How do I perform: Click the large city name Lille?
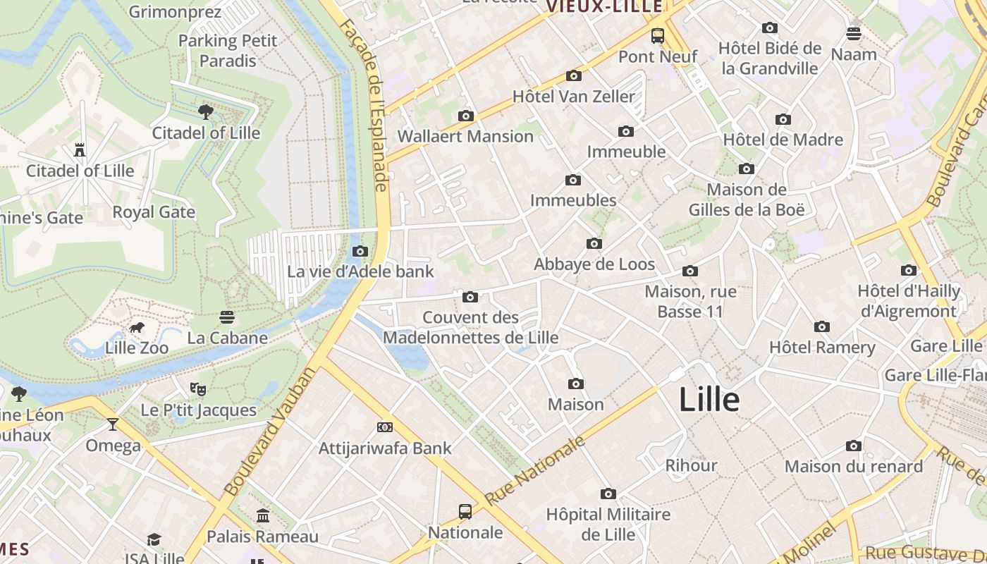coord(709,400)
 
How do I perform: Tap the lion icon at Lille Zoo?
coord(137,328)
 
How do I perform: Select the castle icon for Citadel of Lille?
coord(80,150)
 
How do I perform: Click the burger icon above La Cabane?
coord(227,317)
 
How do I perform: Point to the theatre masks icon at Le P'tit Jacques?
coord(198,388)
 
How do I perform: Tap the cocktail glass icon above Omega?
coord(113,424)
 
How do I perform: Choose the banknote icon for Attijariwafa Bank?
coord(384,427)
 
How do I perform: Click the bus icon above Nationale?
coord(465,511)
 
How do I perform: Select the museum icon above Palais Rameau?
coord(263,516)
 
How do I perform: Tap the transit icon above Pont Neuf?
coord(658,35)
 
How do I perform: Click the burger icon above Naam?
coord(854,34)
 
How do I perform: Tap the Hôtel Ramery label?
coord(822,347)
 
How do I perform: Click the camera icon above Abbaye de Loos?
coord(594,244)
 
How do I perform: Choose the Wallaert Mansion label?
coord(466,136)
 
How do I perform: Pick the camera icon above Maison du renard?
coord(854,446)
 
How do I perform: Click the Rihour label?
coord(692,465)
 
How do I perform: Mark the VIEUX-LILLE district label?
coord(605,6)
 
